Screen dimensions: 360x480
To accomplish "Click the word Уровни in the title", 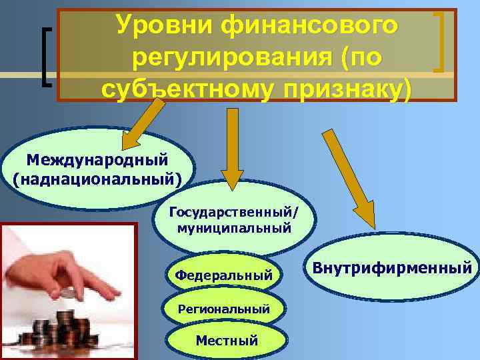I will pos(163,25).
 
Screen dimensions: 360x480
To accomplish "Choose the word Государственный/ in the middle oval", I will pos(234,213).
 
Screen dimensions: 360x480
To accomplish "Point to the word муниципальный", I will pos(234,228).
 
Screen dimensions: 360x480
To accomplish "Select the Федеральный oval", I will pos(223,274).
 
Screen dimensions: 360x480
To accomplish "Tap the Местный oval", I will pos(226,340).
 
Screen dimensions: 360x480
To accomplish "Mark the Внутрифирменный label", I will pos(392,269).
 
